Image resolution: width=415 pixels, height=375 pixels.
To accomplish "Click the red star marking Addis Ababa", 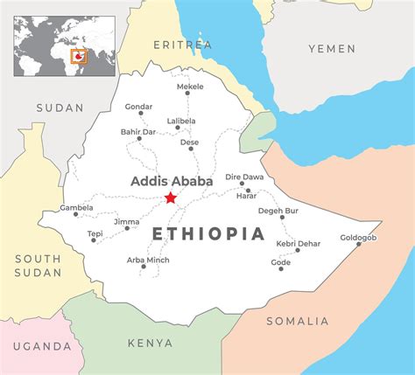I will pyautogui.click(x=170, y=198).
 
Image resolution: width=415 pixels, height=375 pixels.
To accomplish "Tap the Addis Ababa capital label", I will pyautogui.click(x=172, y=182).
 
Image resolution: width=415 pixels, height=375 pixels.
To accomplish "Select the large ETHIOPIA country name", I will pyautogui.click(x=208, y=234).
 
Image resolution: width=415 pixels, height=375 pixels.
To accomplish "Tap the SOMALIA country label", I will pyautogui.click(x=299, y=322).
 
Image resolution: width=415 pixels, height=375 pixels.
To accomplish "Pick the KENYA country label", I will pyautogui.click(x=150, y=343).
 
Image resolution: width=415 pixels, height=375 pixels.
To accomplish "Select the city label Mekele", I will pyautogui.click(x=190, y=87).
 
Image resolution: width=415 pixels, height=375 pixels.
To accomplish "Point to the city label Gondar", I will pyautogui.click(x=138, y=107).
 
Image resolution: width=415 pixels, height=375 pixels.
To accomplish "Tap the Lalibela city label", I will pyautogui.click(x=181, y=121).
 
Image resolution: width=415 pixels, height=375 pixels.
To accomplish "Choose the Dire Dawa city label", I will pyautogui.click(x=243, y=177).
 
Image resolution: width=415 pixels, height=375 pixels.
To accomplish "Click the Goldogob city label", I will pyautogui.click(x=359, y=237).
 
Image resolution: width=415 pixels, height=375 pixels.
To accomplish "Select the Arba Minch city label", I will pyautogui.click(x=147, y=260).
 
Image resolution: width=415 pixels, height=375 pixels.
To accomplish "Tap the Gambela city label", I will pyautogui.click(x=75, y=208).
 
